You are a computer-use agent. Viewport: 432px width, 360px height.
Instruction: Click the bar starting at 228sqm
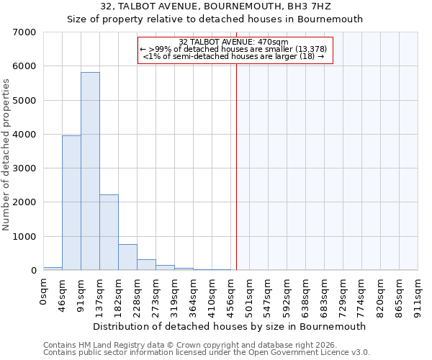pyautogui.click(x=146, y=264)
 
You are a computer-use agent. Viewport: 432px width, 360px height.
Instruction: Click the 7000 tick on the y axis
pyautogui.click(x=25, y=32)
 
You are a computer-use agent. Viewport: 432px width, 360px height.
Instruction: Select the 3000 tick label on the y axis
pyautogui.click(x=25, y=168)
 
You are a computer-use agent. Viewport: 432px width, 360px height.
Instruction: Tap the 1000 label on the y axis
pyautogui.click(x=25, y=237)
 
